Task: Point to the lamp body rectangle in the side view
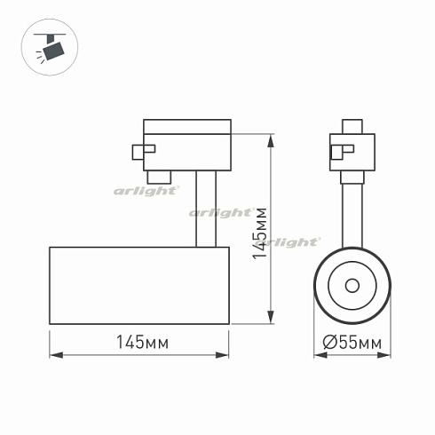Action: coord(140,286)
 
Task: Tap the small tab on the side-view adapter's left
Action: coord(138,152)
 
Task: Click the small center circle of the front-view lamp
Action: coord(352,285)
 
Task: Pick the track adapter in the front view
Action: coord(352,146)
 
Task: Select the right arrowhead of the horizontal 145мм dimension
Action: coord(227,356)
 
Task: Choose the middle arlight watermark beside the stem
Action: coord(220,213)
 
